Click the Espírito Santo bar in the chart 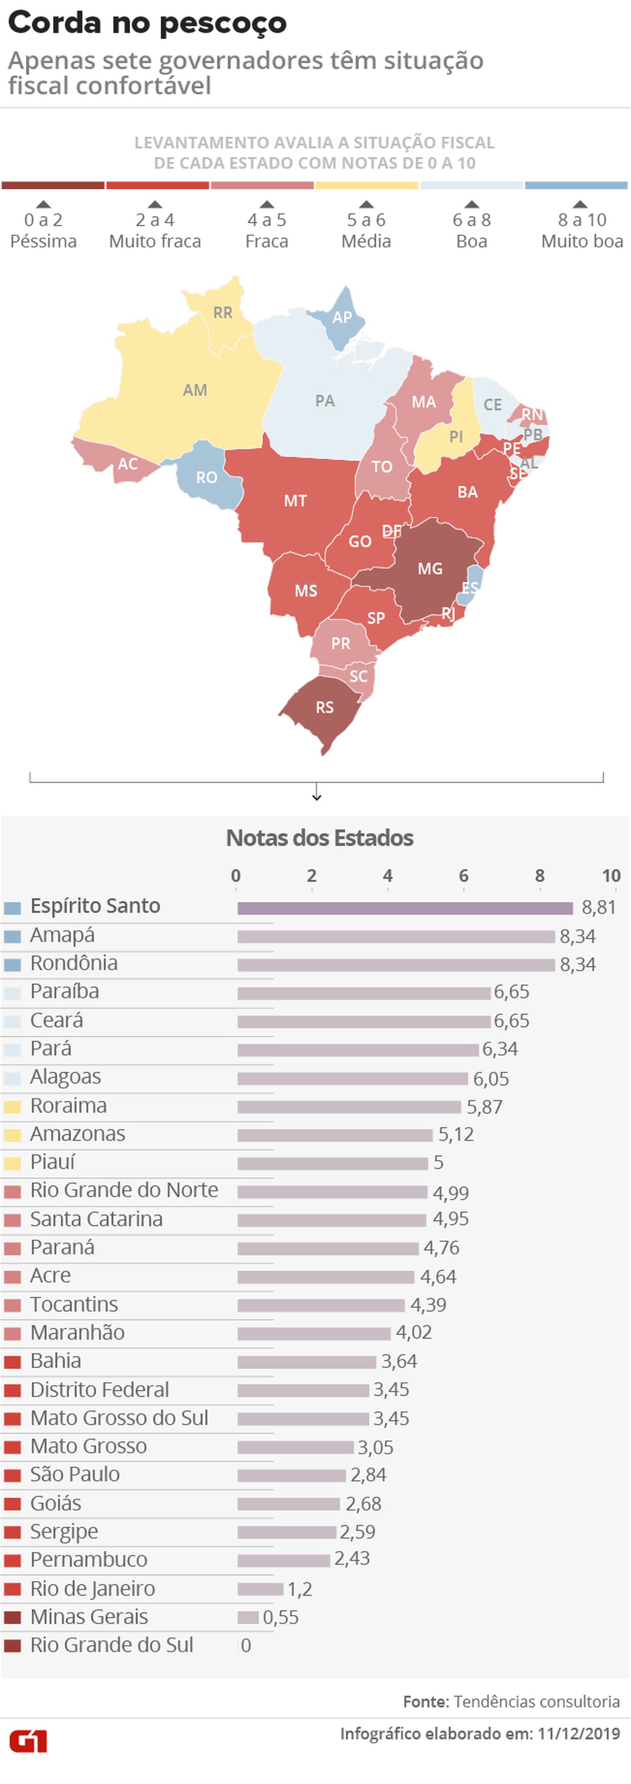tap(405, 908)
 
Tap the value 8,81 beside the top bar tap(599, 907)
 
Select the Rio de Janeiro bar tap(260, 1588)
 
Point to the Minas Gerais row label tap(89, 1616)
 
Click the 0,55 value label tap(281, 1617)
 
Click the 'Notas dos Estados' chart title tap(320, 838)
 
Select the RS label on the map tap(325, 707)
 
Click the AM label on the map tap(195, 390)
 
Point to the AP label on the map tap(342, 317)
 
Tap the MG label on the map tap(429, 569)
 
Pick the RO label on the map tap(206, 477)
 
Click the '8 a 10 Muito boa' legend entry tap(582, 230)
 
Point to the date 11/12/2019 tap(579, 1733)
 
